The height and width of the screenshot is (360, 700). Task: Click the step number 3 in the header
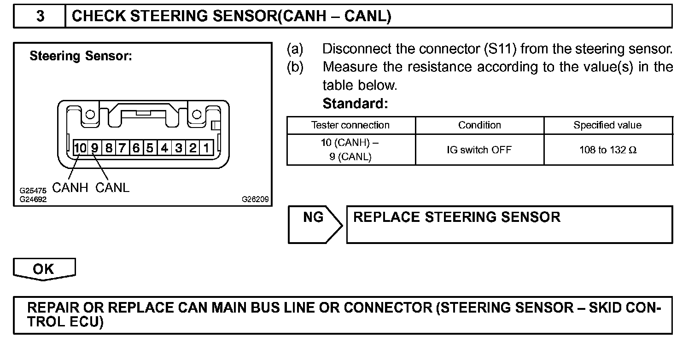point(40,17)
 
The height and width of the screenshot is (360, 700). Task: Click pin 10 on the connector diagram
point(80,148)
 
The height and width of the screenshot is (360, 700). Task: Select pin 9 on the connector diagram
point(94,148)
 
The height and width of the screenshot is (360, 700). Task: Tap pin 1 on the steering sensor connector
point(207,148)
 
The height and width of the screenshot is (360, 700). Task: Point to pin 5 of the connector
point(150,148)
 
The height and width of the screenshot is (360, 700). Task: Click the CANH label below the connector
point(70,188)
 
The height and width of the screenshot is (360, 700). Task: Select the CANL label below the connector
point(113,188)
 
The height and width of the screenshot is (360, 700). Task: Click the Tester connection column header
point(350,125)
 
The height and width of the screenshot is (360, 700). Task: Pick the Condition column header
point(479,125)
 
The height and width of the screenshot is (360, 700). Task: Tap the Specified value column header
point(607,125)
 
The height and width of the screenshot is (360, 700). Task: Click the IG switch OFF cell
point(479,150)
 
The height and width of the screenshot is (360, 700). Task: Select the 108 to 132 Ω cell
point(608,150)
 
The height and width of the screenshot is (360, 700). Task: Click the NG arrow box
point(314,224)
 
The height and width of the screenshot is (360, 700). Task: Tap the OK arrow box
point(44,269)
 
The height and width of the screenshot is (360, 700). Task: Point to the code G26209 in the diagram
point(255,200)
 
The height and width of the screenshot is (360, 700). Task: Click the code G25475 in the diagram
point(33,190)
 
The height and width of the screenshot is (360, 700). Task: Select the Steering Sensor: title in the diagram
point(81,56)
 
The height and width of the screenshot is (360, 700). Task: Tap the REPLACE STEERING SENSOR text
point(457,217)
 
